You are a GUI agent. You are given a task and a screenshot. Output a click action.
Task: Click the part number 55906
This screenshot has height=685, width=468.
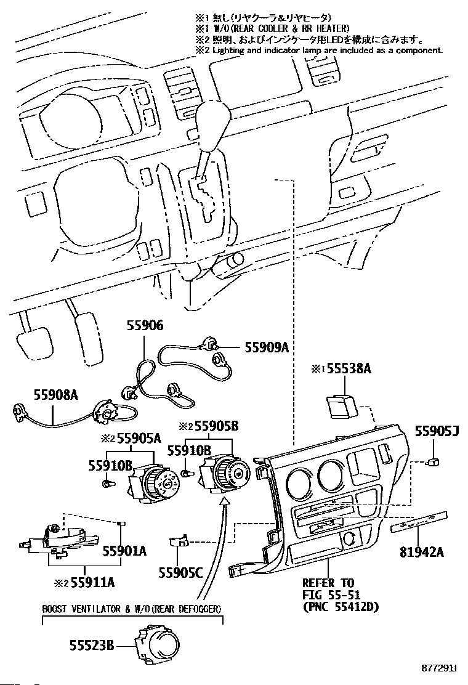coord(145,325)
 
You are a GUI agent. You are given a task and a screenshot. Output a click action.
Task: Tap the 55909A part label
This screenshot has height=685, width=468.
coord(266,347)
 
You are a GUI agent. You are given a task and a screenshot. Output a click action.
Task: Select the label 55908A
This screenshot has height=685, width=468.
coord(56,395)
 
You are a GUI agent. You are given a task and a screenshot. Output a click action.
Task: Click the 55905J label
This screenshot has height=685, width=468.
coord(437,432)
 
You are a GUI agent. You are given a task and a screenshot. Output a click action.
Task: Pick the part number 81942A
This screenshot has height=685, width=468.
coord(422,552)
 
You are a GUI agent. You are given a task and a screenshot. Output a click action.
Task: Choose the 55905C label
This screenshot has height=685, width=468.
coord(181,572)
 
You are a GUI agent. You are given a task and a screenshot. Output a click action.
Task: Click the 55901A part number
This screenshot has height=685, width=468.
coord(124,551)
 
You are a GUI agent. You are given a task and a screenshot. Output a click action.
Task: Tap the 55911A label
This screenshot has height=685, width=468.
coord(92,582)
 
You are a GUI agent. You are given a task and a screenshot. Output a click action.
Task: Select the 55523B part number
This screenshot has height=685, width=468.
coord(92,645)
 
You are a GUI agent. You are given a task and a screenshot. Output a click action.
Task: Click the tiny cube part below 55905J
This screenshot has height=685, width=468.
coord(434,462)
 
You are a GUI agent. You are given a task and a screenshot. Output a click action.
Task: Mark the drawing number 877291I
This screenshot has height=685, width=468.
coord(438,668)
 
